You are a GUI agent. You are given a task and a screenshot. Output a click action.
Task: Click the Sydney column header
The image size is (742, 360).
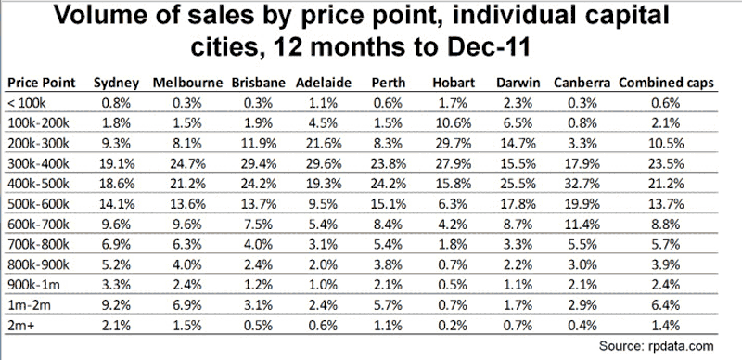tap(117, 83)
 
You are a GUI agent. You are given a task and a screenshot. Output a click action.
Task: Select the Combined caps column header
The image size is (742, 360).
tap(666, 83)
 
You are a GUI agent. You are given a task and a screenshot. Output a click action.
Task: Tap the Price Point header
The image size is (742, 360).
tap(42, 83)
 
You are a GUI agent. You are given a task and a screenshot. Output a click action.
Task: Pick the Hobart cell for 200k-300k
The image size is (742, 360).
tap(454, 144)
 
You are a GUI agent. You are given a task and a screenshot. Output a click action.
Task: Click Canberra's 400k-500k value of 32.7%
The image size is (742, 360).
tap(582, 184)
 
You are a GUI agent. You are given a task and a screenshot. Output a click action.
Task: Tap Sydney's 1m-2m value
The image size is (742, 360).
tap(117, 305)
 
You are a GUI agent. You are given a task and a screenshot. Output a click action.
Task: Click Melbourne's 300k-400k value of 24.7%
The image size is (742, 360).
tap(188, 164)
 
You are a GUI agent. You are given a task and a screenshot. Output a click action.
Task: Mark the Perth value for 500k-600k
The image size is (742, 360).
tap(388, 204)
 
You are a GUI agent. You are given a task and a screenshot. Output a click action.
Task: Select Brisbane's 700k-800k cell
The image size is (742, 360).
tap(259, 244)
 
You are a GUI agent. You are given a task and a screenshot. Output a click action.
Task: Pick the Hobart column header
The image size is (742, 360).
tap(454, 83)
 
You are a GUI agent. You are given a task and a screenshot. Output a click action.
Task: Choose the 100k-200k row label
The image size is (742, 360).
tap(39, 123)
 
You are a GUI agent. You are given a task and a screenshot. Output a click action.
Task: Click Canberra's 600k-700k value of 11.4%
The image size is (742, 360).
tap(582, 224)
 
